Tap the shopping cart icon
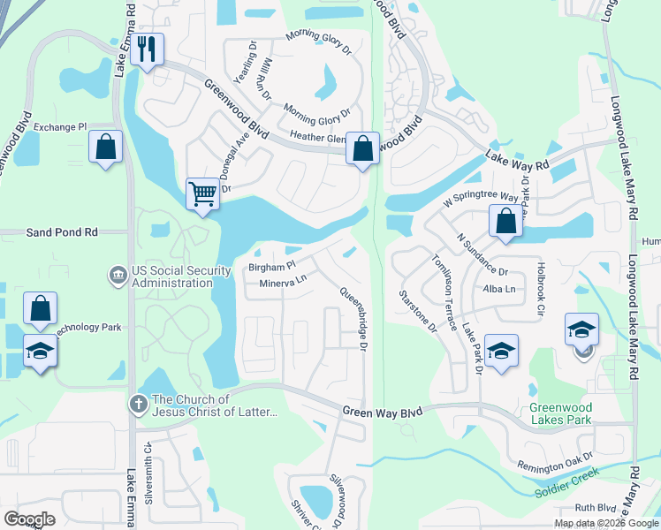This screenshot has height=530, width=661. point(202,192)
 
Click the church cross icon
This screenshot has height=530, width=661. point(138,405)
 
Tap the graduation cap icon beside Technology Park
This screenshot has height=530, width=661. point(38,352)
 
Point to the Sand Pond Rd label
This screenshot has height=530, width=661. point(61,231)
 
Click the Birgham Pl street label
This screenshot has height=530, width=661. point(271,266)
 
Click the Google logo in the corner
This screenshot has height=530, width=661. point(29,519)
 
